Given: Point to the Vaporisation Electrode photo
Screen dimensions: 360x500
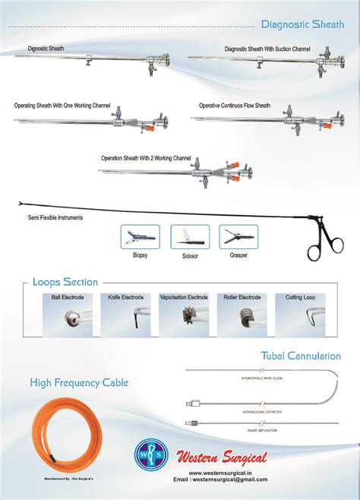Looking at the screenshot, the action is click(x=184, y=318).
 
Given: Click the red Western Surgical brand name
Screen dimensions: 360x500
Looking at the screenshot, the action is click(x=222, y=457).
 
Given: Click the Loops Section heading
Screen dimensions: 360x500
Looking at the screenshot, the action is click(x=65, y=283).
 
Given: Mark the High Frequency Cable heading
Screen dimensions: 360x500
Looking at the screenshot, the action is click(x=79, y=382).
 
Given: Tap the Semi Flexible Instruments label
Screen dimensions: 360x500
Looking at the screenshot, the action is click(x=55, y=218).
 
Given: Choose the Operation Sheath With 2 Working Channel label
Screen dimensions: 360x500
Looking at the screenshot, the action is click(x=146, y=158).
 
